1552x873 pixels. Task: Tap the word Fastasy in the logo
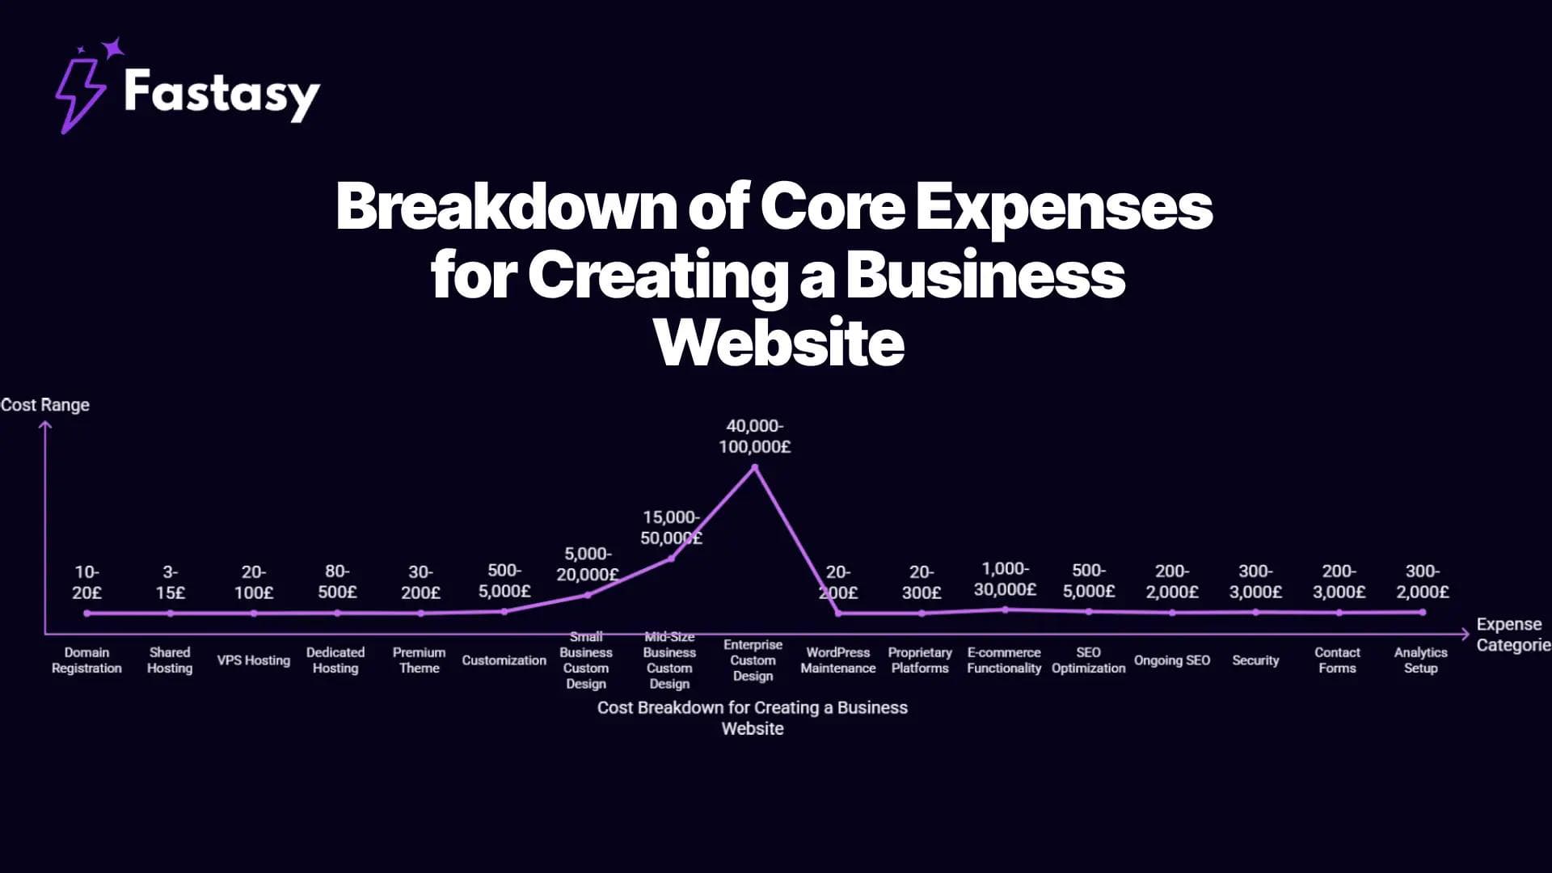221,94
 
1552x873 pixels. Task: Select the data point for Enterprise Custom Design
755,467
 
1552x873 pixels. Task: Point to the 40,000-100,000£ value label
755,436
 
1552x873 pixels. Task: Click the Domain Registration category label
86,660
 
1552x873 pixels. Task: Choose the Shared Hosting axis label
170,660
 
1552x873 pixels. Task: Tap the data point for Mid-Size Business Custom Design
671,558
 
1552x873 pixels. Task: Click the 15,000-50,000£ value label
671,528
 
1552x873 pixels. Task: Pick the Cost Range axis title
45,405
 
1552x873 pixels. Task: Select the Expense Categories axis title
1512,635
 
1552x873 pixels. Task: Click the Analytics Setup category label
1420,660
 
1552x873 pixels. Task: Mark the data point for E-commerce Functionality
1005,609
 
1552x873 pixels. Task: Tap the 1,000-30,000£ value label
1005,580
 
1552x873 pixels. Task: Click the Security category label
1255,660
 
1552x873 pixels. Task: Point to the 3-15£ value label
170,583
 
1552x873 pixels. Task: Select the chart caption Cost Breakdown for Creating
753,718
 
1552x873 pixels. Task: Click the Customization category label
504,660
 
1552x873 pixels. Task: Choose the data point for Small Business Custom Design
588,595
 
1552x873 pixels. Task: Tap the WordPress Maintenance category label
838,660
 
